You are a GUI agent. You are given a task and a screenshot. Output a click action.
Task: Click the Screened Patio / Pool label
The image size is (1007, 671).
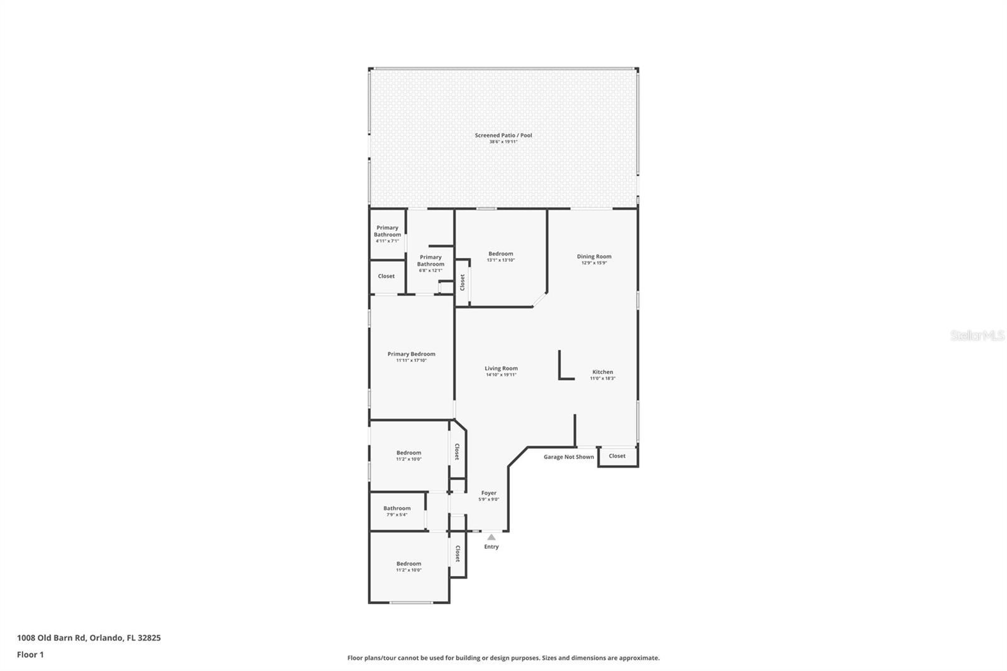point(503,135)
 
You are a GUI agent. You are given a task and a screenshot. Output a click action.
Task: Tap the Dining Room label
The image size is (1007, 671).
point(594,256)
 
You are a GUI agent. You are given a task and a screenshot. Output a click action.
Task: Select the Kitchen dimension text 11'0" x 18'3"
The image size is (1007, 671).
point(602,378)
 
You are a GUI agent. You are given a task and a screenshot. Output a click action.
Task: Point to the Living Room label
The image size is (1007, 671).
point(501,368)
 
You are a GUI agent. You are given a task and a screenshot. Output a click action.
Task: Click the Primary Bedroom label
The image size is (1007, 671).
point(411,354)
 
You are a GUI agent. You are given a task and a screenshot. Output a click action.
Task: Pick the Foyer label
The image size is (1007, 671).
point(488,493)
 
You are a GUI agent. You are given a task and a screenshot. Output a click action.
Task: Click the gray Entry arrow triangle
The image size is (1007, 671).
point(491,537)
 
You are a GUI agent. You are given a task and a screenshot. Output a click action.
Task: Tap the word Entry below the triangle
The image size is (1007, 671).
point(491,546)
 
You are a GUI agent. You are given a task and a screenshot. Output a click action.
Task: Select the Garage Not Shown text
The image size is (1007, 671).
point(568,457)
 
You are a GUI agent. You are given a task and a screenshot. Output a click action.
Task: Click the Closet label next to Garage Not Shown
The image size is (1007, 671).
point(617,456)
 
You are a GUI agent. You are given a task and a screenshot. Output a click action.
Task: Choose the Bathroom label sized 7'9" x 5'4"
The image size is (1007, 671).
point(397,508)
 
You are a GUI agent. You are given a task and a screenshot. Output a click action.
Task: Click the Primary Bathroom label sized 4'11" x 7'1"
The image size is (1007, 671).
point(387,231)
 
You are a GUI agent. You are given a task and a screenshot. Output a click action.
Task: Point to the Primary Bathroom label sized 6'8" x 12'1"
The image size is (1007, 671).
point(430,261)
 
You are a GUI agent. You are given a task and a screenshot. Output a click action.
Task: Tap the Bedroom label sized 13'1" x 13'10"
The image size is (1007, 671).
point(500,254)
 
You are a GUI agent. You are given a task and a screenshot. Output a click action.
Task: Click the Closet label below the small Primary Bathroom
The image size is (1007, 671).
point(386,276)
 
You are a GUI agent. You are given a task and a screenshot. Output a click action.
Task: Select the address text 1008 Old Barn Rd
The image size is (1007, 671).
point(52,638)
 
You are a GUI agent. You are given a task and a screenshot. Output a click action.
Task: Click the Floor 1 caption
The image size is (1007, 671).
point(30,655)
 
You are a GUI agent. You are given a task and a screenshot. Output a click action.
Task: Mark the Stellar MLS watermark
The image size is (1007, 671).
point(977,335)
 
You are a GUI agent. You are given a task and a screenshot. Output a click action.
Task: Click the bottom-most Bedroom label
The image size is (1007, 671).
point(408,564)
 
